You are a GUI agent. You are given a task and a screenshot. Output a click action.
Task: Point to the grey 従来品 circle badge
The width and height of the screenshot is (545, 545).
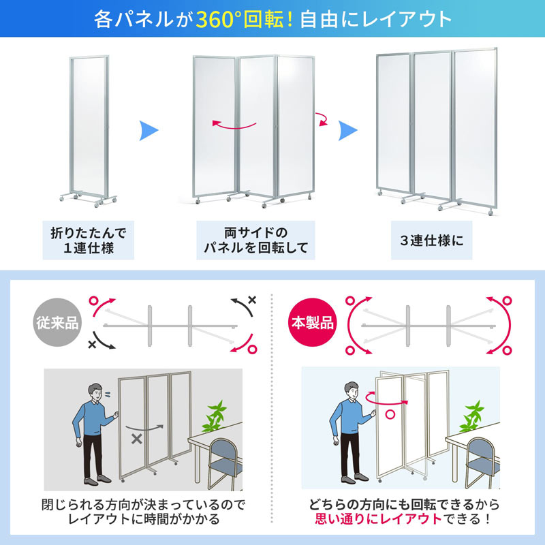point(54,322)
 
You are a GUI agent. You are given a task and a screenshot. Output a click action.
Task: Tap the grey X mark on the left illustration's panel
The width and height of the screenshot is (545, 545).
point(137,439)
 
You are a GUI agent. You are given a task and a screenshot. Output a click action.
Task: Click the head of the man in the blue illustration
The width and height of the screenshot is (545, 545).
point(352,393)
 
